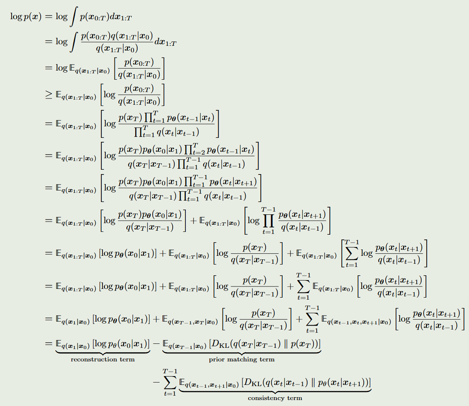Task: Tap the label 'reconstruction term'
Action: coord(102,360)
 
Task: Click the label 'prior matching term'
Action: coord(242,360)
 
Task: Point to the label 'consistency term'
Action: coord(275,398)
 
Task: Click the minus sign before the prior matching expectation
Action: coord(156,343)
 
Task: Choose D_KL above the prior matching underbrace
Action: coord(219,343)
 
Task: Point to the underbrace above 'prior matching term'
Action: coord(242,352)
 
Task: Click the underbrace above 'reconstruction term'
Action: coord(102,352)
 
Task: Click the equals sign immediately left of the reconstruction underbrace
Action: coord(49,343)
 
